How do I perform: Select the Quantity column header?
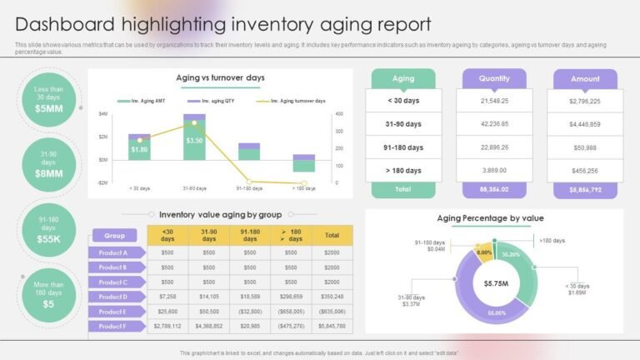coord(494,78)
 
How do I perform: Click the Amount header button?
coord(585,79)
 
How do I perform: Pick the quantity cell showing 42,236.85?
coord(494,123)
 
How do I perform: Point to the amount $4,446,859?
coord(585,124)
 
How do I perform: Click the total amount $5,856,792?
coord(585,190)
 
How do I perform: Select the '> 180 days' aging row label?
coord(403,170)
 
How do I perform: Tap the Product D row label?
coord(112,297)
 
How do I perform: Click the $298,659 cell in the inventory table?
coord(291,297)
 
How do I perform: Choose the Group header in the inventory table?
coord(114,235)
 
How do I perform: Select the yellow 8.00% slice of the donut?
coord(483,252)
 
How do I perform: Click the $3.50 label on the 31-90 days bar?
coord(194,141)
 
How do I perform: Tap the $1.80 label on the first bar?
coord(139,150)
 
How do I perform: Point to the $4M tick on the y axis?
coord(102,113)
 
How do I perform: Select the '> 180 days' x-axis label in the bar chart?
coord(303,188)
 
